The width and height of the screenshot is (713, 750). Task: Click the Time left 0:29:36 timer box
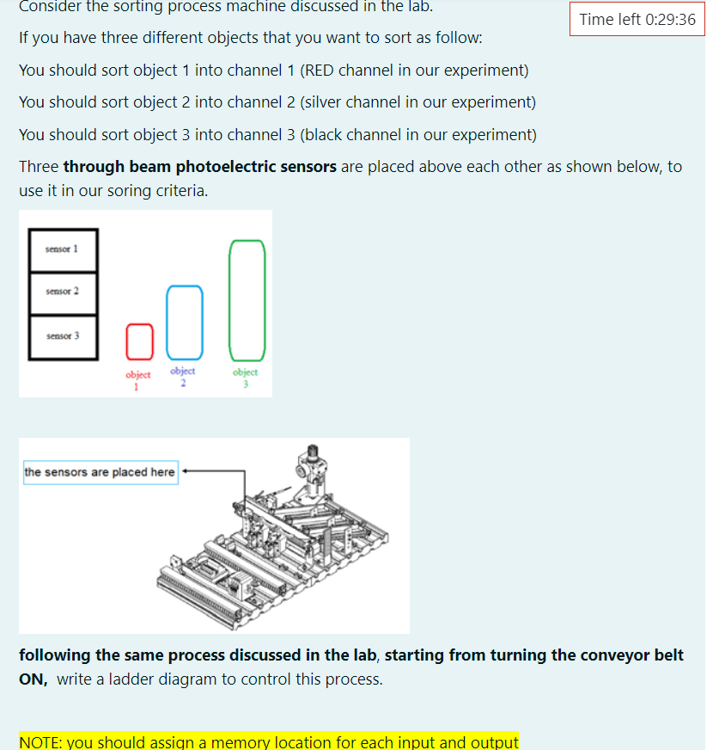(x=637, y=19)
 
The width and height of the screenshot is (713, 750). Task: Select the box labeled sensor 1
(x=63, y=250)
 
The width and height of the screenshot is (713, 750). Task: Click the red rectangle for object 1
(x=139, y=341)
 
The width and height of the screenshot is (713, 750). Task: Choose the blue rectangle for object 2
(x=185, y=322)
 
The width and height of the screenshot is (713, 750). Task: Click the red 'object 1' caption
(x=138, y=378)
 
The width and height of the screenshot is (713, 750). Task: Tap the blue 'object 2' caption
(x=183, y=375)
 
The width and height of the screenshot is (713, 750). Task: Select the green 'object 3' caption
(x=246, y=376)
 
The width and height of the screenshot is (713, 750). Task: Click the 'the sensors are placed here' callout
(x=100, y=472)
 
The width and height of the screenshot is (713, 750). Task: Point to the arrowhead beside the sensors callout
(x=186, y=472)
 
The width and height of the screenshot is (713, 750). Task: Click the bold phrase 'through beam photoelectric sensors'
(x=199, y=166)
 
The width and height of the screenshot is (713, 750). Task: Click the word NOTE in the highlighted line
(x=40, y=741)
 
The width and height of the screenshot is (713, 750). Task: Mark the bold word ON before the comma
(x=33, y=679)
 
